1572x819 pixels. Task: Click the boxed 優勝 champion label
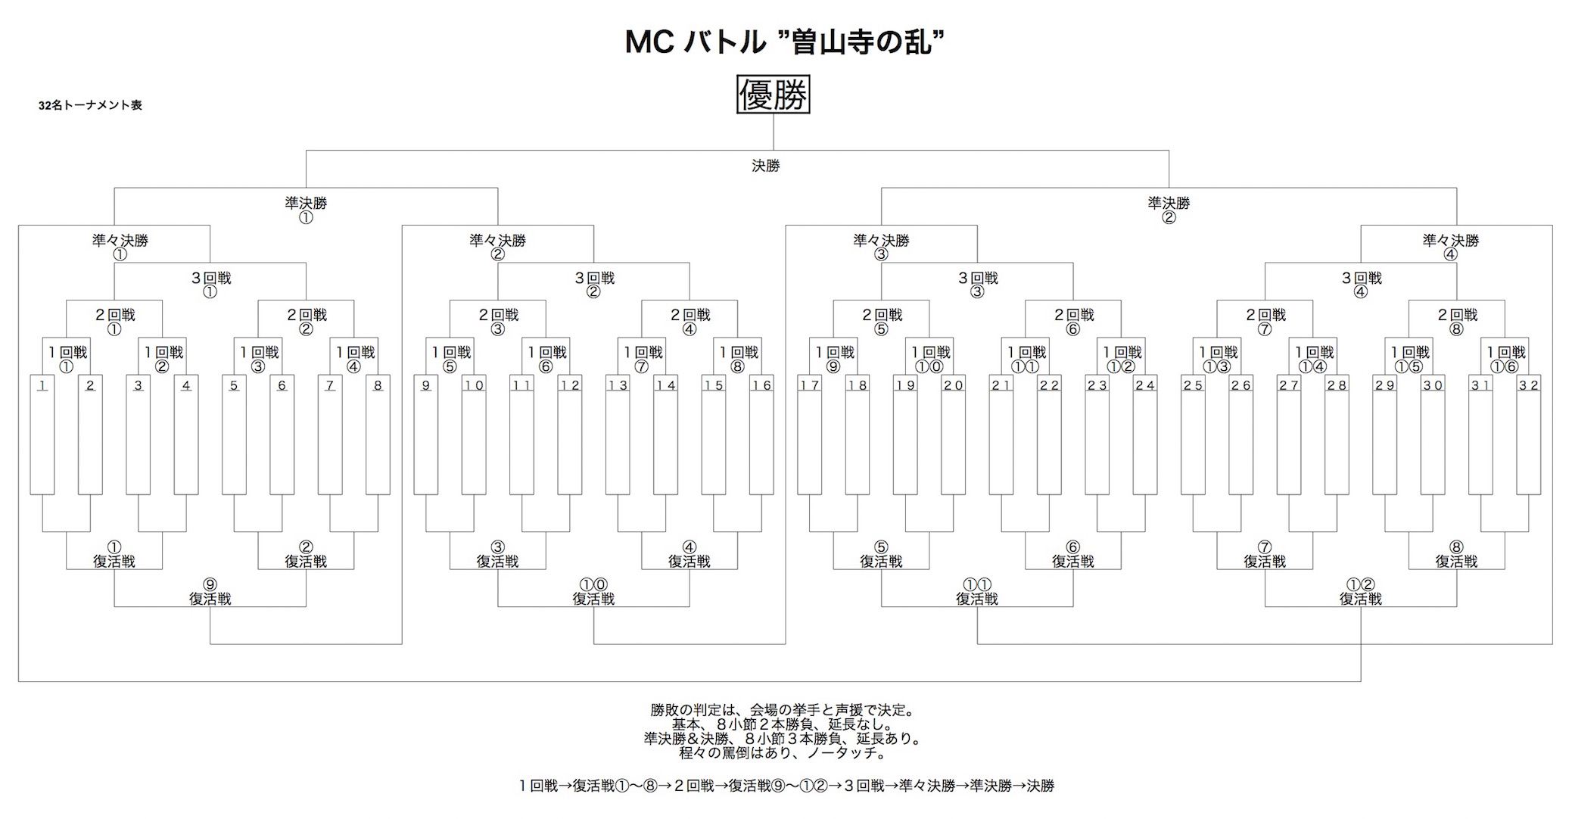(x=773, y=95)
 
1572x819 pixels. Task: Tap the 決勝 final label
(x=765, y=166)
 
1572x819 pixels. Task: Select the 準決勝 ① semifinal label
(x=306, y=210)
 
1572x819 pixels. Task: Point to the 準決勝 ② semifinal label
(x=1169, y=210)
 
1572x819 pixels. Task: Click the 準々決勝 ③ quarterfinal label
(x=881, y=247)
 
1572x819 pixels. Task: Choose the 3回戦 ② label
(x=594, y=284)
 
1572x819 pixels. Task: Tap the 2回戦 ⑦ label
(x=1265, y=321)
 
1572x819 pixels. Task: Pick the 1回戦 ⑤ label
(x=451, y=359)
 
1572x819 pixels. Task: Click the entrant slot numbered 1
(x=42, y=434)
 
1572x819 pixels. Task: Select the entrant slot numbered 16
(x=761, y=434)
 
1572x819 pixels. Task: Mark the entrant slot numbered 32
(x=1529, y=434)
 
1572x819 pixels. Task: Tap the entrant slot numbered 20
(x=953, y=434)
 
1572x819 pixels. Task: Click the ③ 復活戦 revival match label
(x=497, y=554)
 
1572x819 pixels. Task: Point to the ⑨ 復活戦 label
(x=210, y=591)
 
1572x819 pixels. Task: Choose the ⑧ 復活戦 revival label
(x=1456, y=554)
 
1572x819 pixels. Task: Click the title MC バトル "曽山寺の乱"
(x=785, y=42)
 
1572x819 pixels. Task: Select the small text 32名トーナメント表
(x=90, y=105)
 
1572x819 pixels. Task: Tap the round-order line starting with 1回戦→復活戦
(x=786, y=786)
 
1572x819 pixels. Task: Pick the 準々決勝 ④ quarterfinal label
(x=1450, y=247)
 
